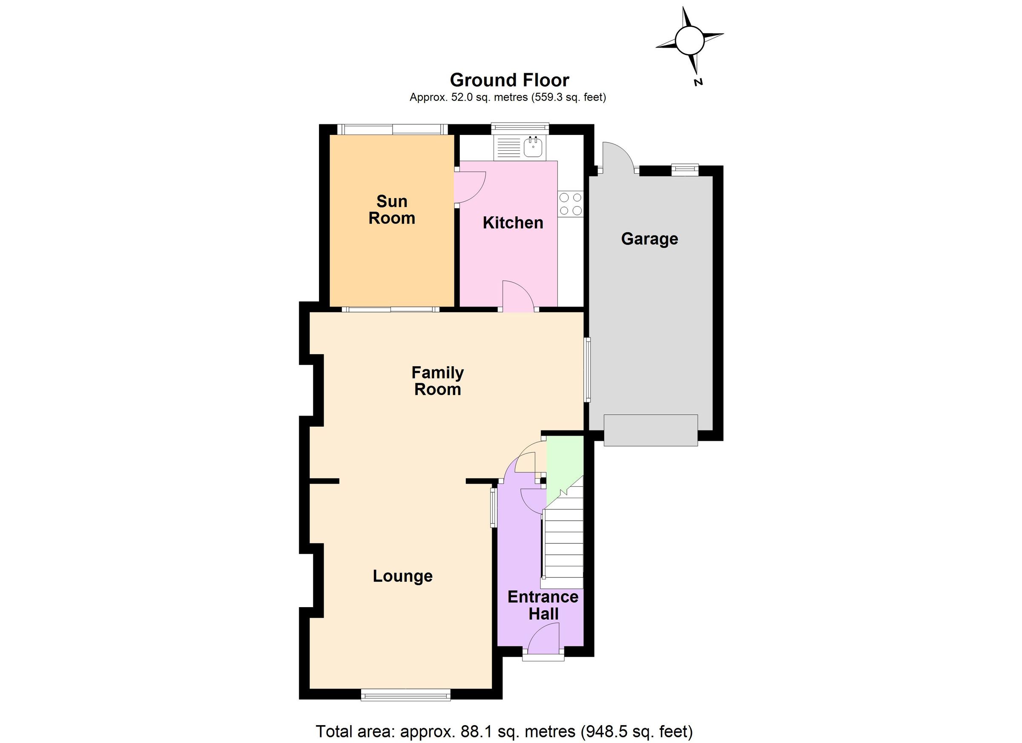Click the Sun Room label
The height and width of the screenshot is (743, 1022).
[x=392, y=209]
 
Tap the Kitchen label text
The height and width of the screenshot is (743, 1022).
[x=513, y=223]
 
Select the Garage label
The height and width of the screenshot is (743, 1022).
[x=649, y=238]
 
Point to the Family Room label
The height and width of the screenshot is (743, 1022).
[x=438, y=381]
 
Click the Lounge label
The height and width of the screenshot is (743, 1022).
[x=402, y=576]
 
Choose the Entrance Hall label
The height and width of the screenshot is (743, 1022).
[x=543, y=605]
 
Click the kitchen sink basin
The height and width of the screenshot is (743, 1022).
[x=534, y=147]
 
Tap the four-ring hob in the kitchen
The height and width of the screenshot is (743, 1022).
[x=571, y=204]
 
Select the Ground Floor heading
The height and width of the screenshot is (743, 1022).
[x=510, y=80]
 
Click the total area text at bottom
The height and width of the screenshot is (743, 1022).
[x=504, y=731]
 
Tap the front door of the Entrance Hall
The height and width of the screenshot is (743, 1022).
[x=543, y=639]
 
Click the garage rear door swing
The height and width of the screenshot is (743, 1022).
[x=618, y=156]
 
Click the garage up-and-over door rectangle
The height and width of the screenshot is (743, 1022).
[x=651, y=430]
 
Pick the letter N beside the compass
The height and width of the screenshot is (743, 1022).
[x=698, y=82]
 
